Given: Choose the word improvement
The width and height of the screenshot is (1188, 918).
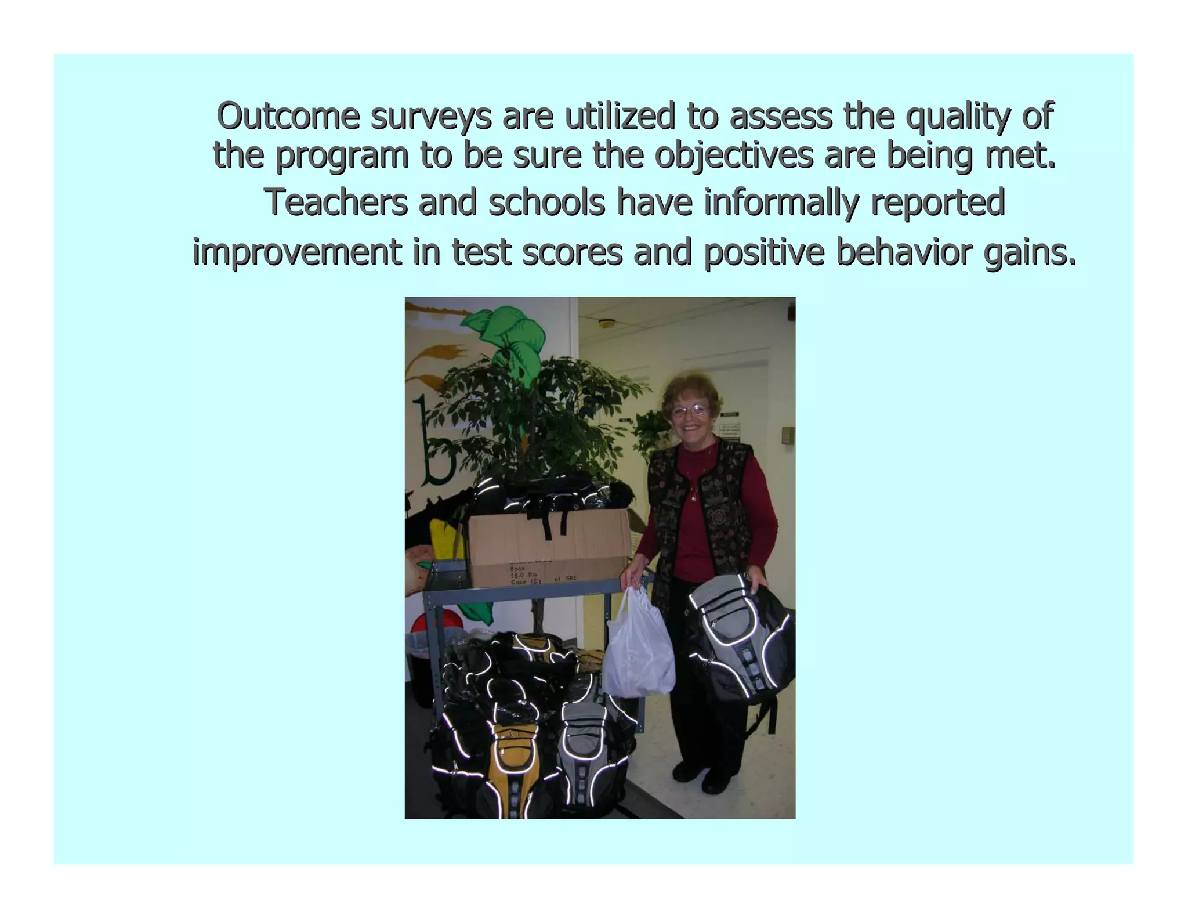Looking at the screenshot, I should click(x=296, y=252).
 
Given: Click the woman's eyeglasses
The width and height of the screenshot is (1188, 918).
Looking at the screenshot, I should click(x=690, y=411).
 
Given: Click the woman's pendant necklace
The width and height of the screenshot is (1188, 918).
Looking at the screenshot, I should click(x=694, y=497).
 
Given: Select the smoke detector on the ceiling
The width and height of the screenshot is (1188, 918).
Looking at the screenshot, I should click(x=607, y=323).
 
